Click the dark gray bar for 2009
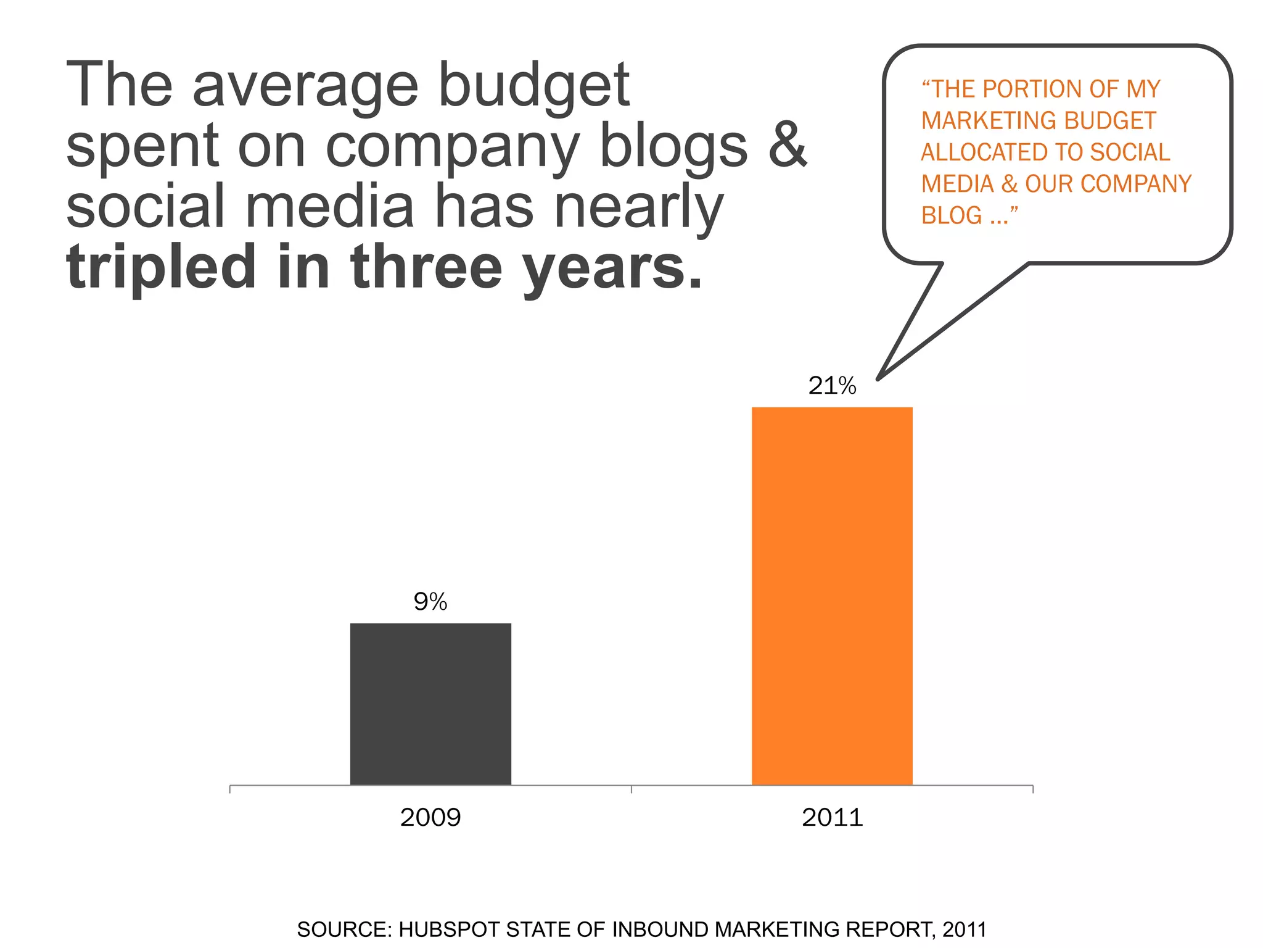tap(430, 704)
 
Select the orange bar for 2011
tap(831, 596)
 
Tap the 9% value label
tap(430, 602)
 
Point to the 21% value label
tap(832, 386)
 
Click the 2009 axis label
tap(430, 818)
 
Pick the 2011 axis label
tap(832, 818)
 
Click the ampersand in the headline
tap(788, 145)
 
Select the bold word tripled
tap(161, 267)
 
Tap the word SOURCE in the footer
tap(343, 929)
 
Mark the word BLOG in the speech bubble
tap(951, 215)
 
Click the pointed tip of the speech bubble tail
tap(879, 378)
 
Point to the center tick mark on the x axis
tap(631, 789)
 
